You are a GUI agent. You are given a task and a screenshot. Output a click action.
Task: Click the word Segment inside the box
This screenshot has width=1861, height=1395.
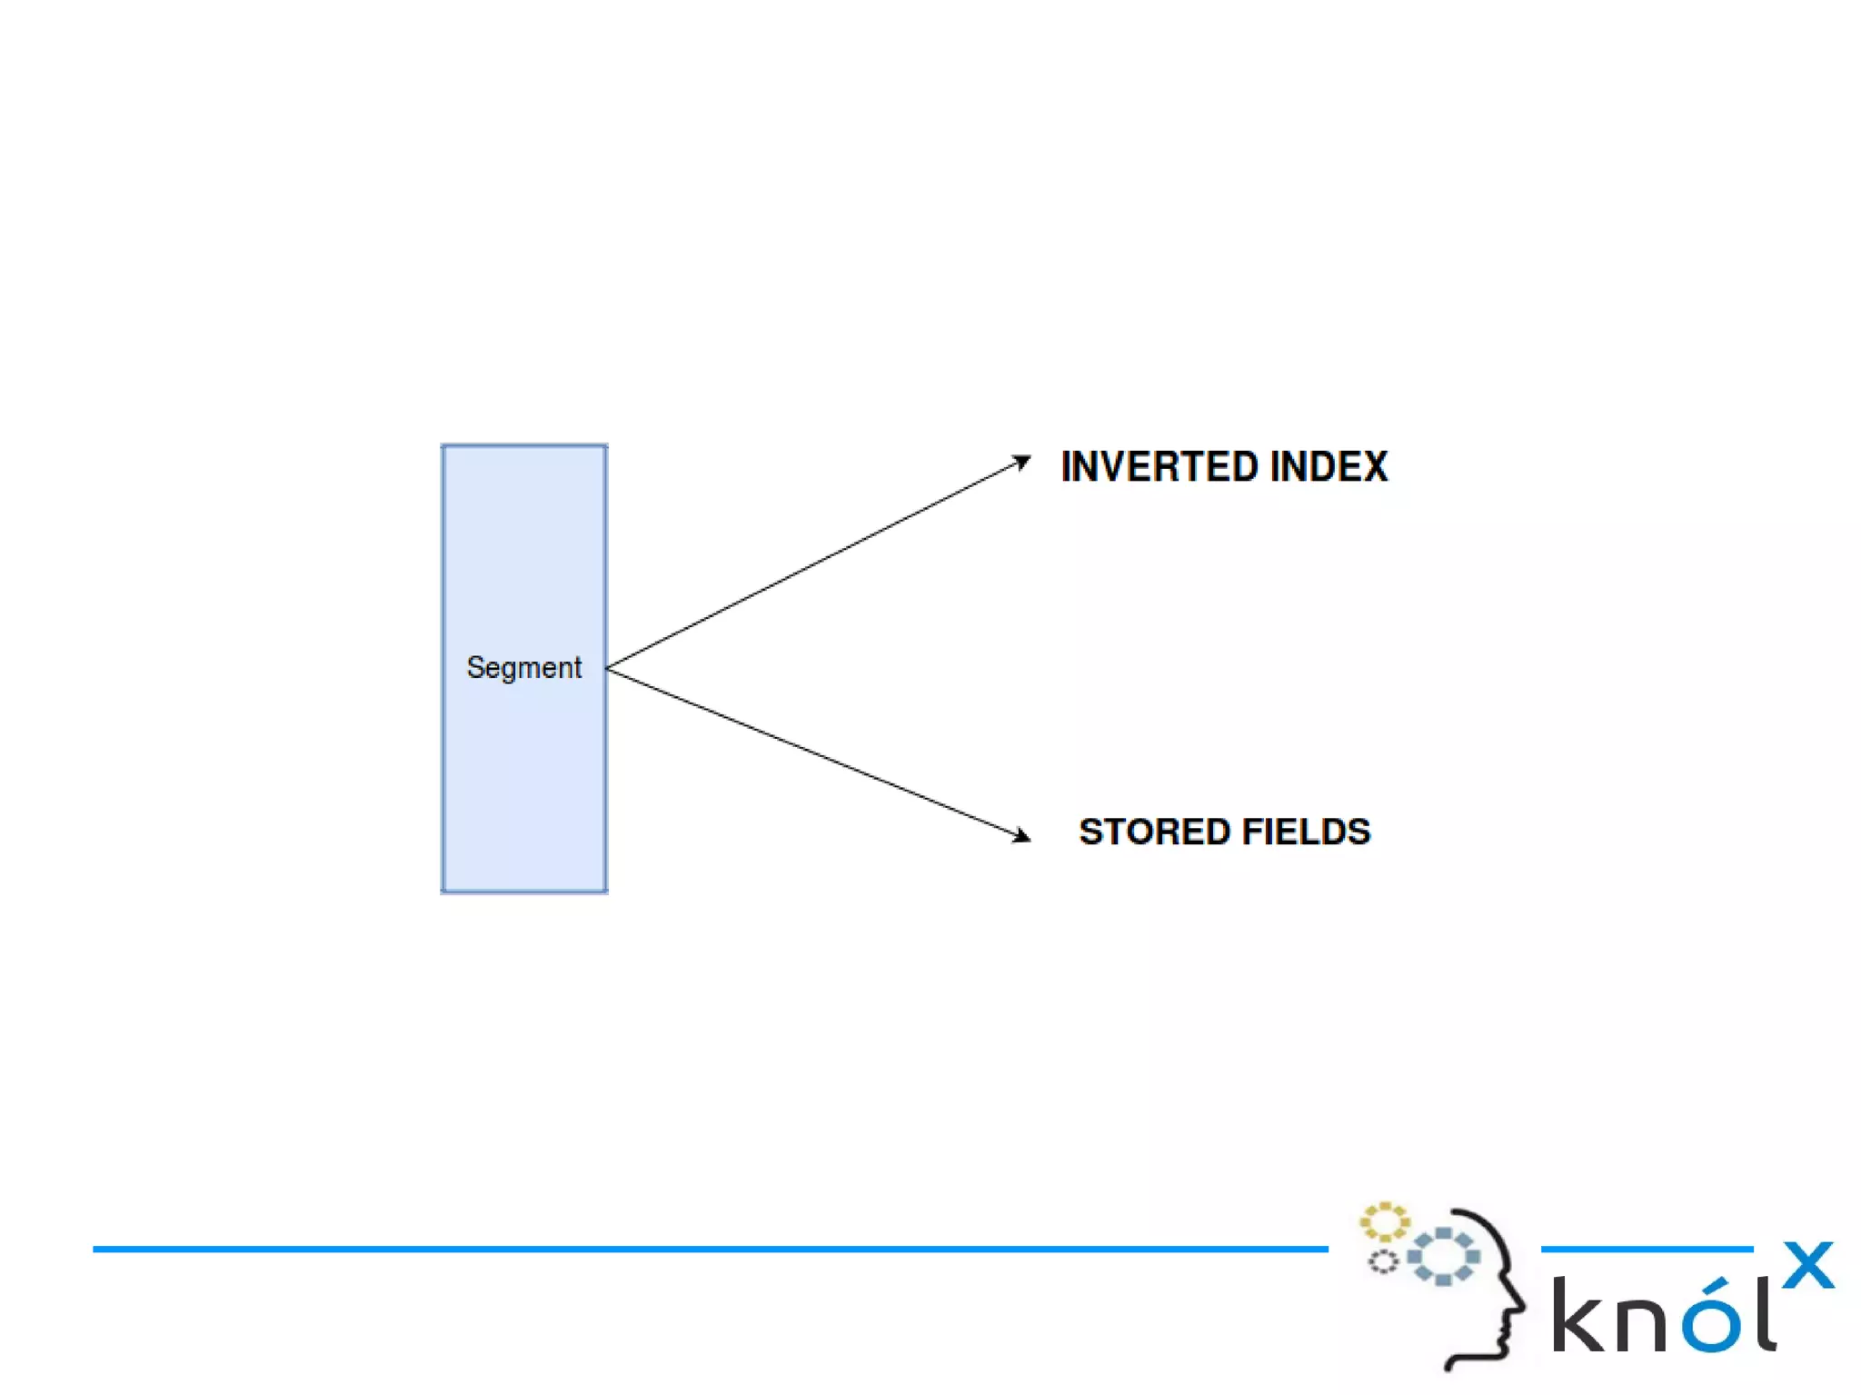[x=523, y=668]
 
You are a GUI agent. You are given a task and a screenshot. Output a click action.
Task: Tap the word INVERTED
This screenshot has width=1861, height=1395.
[x=1159, y=467]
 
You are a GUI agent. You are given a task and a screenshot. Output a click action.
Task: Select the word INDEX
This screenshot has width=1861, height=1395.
[x=1329, y=467]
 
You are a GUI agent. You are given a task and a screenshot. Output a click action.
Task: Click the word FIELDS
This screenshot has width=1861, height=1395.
[x=1306, y=832]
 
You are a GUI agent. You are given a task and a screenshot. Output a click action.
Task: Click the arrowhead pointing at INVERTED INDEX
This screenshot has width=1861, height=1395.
[x=1022, y=463]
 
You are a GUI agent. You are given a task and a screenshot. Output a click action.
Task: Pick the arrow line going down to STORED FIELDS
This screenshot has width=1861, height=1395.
[x=813, y=752]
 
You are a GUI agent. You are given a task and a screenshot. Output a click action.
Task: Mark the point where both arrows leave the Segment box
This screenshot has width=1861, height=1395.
[x=608, y=669]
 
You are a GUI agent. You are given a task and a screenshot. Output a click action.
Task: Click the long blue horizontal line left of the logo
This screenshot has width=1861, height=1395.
[x=709, y=1250]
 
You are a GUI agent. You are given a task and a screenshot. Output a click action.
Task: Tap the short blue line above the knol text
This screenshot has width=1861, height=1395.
[x=1647, y=1250]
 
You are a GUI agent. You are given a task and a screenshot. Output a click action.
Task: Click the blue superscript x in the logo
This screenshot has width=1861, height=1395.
[x=1807, y=1265]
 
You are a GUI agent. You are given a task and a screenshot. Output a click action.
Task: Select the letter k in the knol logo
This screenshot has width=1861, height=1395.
[x=1579, y=1315]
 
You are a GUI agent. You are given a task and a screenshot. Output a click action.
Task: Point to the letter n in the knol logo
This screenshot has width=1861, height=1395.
[x=1645, y=1322]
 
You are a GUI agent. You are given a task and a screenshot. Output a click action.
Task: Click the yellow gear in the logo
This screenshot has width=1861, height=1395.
[x=1384, y=1222]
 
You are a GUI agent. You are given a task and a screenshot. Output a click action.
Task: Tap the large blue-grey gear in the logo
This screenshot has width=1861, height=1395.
[x=1443, y=1257]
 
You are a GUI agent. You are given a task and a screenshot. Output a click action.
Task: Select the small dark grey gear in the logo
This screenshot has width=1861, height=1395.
[x=1382, y=1261]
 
